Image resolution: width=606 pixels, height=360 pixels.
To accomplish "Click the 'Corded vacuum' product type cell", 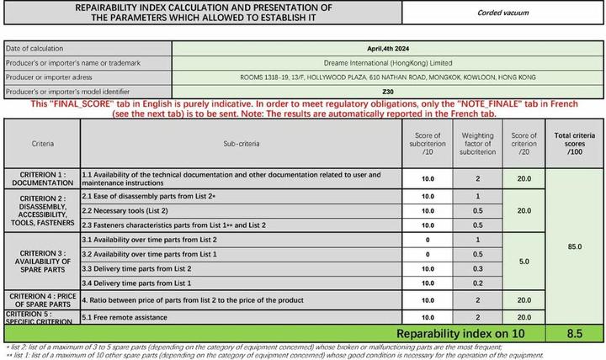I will pyautogui.click(x=503, y=13).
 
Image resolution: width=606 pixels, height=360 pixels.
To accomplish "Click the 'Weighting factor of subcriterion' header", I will pyautogui.click(x=478, y=144).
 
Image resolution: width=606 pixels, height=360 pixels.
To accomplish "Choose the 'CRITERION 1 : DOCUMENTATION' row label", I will pyautogui.click(x=42, y=178).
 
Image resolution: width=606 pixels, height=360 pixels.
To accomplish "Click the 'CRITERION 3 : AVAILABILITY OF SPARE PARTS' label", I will pyautogui.click(x=42, y=262).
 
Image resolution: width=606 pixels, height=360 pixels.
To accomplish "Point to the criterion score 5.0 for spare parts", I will pyautogui.click(x=524, y=262).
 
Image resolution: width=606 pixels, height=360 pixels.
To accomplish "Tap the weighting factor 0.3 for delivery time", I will pyautogui.click(x=478, y=268).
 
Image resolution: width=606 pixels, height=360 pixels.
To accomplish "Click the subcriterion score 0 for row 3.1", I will pyautogui.click(x=428, y=241).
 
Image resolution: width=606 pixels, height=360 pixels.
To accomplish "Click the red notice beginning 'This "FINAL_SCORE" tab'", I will pyautogui.click(x=303, y=108).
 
